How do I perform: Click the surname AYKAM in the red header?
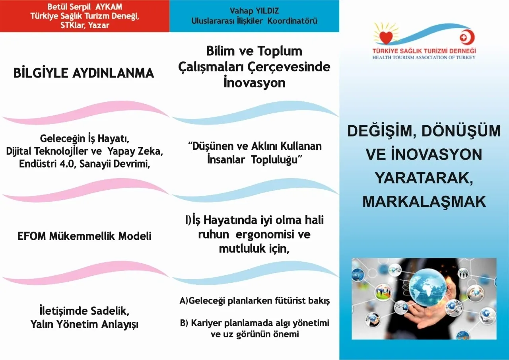(109, 7)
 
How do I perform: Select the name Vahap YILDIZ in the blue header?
(254, 11)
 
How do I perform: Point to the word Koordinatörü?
(292, 21)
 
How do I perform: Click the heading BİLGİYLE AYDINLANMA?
(84, 73)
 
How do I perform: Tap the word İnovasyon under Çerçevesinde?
(254, 83)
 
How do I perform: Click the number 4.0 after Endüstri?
(67, 163)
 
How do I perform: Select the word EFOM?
(31, 236)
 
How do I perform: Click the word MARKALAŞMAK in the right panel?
(424, 201)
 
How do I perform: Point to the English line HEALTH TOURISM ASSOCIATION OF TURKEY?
(424, 58)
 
